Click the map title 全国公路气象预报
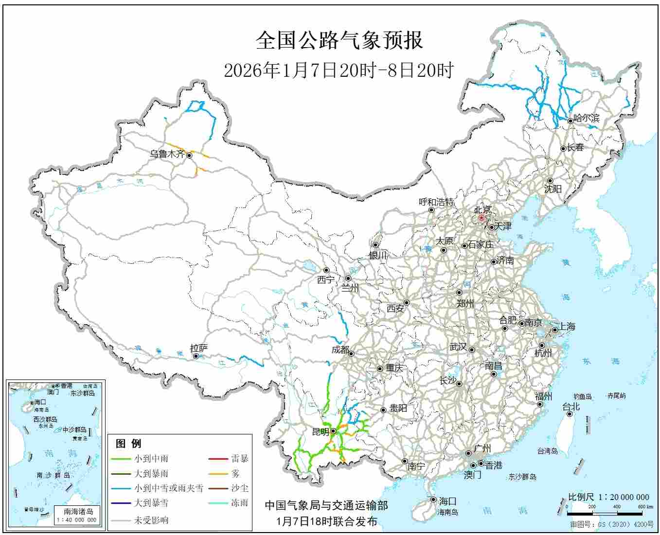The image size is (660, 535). (339, 40)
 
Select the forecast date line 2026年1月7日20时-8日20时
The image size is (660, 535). (339, 70)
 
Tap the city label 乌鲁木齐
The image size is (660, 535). (167, 154)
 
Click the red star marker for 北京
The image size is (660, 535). (482, 218)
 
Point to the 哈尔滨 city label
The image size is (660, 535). (587, 118)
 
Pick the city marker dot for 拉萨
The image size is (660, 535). (196, 356)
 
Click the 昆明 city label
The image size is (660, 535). (321, 431)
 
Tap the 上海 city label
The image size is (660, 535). (567, 327)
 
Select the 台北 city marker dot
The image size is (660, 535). (570, 414)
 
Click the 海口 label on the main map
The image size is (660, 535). (447, 501)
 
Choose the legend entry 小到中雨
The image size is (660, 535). (151, 458)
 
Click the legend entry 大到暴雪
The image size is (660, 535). (151, 503)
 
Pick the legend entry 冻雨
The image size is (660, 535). (239, 503)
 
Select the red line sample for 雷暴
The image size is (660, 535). (218, 458)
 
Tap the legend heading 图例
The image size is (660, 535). (128, 443)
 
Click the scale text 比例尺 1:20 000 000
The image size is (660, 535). (608, 497)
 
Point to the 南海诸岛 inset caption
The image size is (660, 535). (78, 511)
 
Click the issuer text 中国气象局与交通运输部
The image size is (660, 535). (326, 506)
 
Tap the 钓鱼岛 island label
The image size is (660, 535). (582, 397)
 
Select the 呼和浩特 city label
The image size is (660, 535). (436, 202)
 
